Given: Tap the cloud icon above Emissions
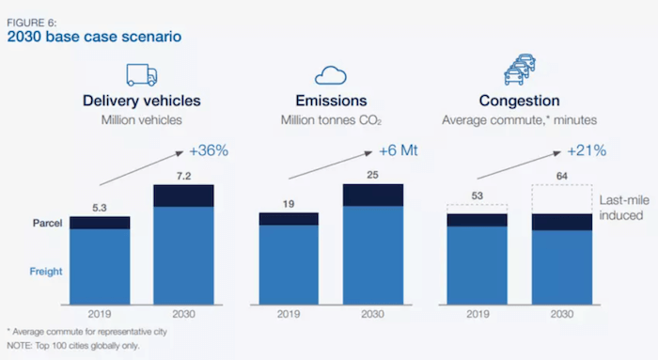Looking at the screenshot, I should pos(332,75).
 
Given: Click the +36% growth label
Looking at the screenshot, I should pos(210,151).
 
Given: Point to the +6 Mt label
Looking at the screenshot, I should pos(399,151).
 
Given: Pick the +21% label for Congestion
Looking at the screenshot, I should pos(587,151).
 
